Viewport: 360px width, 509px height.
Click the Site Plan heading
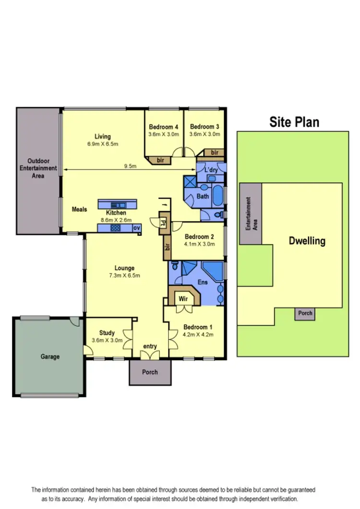click(294, 122)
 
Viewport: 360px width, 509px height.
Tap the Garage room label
click(50, 356)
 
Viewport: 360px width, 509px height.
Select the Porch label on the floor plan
click(150, 372)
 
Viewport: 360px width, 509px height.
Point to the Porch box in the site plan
click(305, 313)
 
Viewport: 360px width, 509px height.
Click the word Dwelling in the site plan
click(307, 241)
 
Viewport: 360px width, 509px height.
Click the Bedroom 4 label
click(163, 127)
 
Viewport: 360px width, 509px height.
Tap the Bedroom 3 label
click(204, 127)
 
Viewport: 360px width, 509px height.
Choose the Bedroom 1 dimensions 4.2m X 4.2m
click(198, 334)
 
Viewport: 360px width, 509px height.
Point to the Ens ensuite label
click(203, 283)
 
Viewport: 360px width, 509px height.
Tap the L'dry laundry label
click(211, 170)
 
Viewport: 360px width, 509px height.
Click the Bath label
click(203, 196)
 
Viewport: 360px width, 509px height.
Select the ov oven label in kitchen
click(136, 228)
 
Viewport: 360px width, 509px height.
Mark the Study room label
click(107, 333)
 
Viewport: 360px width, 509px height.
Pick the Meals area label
click(79, 209)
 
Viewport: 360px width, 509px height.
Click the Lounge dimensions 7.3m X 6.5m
click(124, 275)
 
